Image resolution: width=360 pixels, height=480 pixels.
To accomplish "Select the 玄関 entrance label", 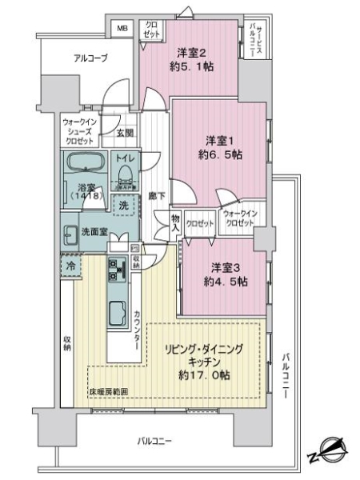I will point(126,133).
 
